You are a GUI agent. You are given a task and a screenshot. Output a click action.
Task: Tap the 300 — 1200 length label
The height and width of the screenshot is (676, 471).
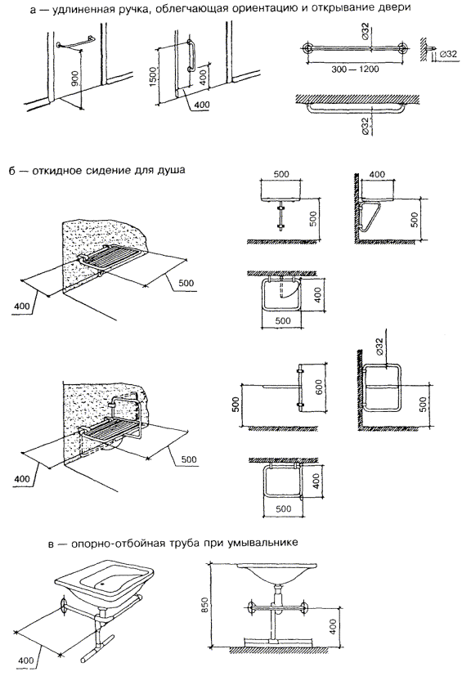pyautogui.click(x=355, y=69)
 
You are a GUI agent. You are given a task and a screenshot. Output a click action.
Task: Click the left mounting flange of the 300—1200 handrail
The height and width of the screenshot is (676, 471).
pyautogui.click(x=307, y=48)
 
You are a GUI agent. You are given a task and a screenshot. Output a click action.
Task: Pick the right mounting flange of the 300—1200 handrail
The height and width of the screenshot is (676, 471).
pyautogui.click(x=403, y=48)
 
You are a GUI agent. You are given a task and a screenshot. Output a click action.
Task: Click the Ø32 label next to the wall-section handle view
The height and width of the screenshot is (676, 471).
pyautogui.click(x=449, y=54)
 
